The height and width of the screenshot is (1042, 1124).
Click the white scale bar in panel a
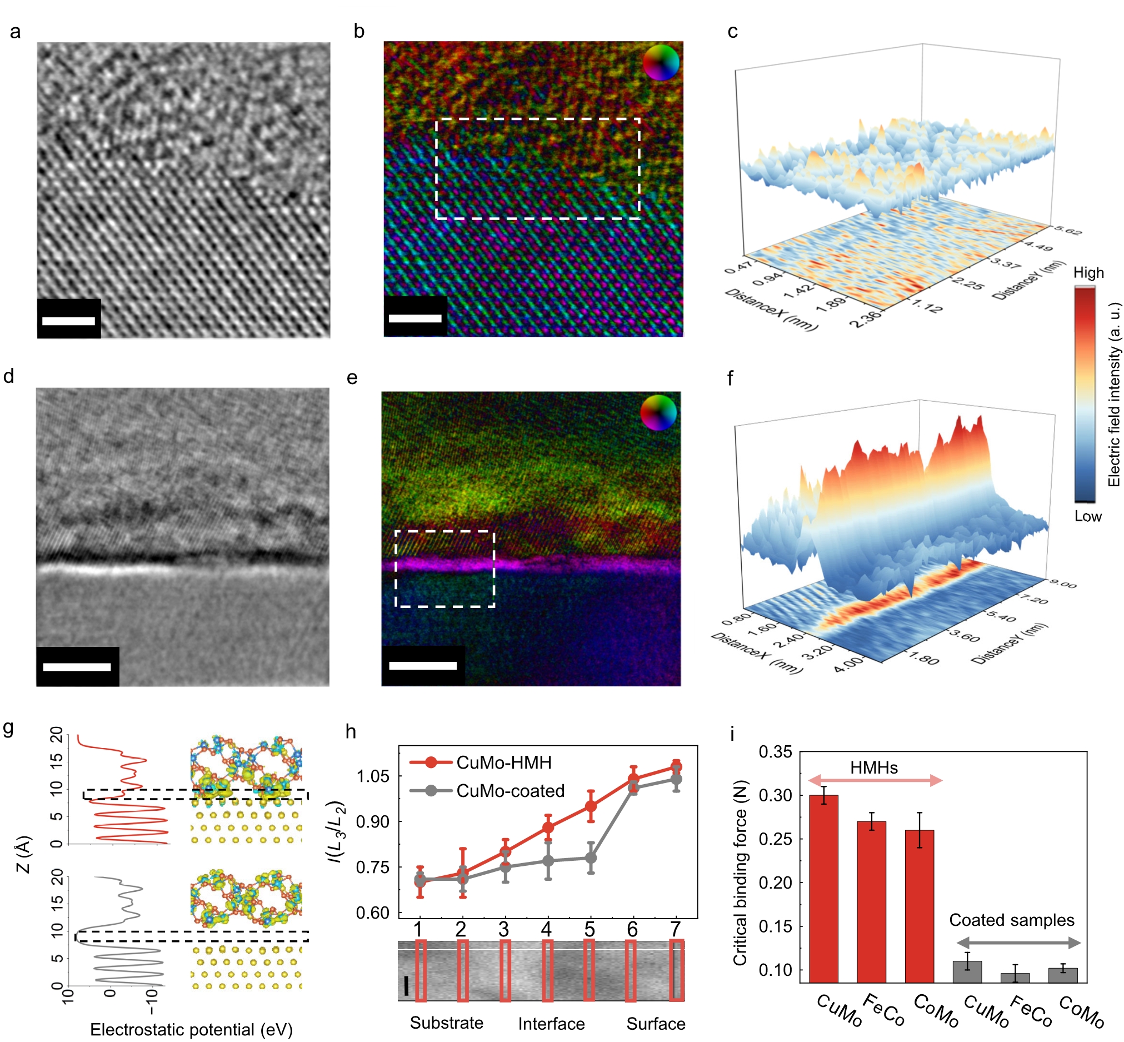(68, 321)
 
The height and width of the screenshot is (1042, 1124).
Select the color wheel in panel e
(658, 412)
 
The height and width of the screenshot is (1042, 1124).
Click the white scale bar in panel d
(77, 667)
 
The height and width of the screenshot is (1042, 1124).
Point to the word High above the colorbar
(1088, 273)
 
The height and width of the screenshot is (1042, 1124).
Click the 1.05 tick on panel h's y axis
(373, 776)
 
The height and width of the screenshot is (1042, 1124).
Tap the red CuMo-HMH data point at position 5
(590, 806)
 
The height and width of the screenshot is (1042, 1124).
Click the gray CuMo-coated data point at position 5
(590, 858)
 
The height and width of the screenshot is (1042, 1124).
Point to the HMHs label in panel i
(874, 767)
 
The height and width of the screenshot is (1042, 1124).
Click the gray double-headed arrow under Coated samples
(1018, 943)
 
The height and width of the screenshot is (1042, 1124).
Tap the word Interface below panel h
(551, 1024)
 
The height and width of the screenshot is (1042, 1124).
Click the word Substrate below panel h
(446, 1023)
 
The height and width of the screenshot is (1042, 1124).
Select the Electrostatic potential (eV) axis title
(191, 1030)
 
